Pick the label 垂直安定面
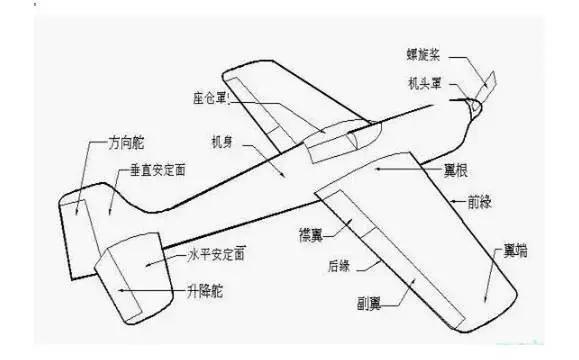[x=161, y=171]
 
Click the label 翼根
[x=431, y=171]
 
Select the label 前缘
[x=480, y=202]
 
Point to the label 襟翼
[x=309, y=234]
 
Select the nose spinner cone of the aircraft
[x=476, y=102]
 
